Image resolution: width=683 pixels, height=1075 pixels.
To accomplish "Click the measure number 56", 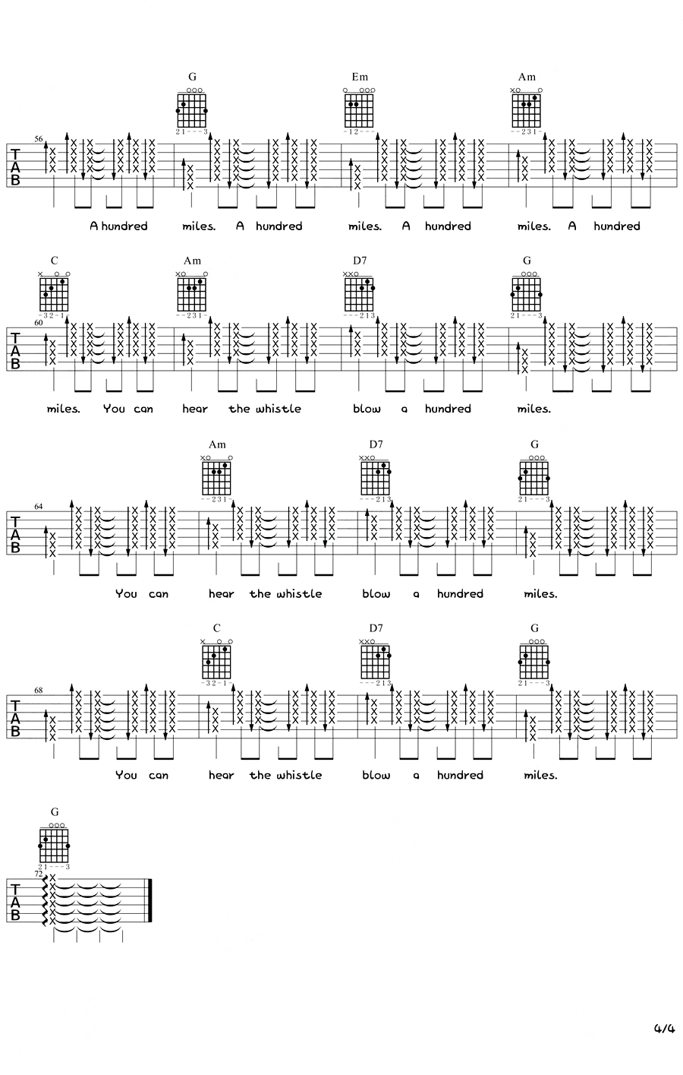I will [39, 140].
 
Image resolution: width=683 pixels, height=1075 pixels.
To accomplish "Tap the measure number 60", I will [39, 322].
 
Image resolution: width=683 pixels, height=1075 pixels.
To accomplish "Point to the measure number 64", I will [39, 506].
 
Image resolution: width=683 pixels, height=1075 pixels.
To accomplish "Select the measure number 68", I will [39, 690].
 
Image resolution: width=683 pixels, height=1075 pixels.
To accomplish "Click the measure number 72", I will [39, 874].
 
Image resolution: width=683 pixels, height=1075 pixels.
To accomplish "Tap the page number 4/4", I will [664, 1029].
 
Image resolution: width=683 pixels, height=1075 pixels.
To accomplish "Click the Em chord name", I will [360, 77].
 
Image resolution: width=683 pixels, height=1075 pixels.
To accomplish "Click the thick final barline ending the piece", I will [151, 900].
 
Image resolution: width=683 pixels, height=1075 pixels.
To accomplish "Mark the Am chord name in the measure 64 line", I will [218, 444].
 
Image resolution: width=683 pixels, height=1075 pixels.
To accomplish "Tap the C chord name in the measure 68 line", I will [217, 628].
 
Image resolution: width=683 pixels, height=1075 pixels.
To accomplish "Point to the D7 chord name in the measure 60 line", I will [360, 261].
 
